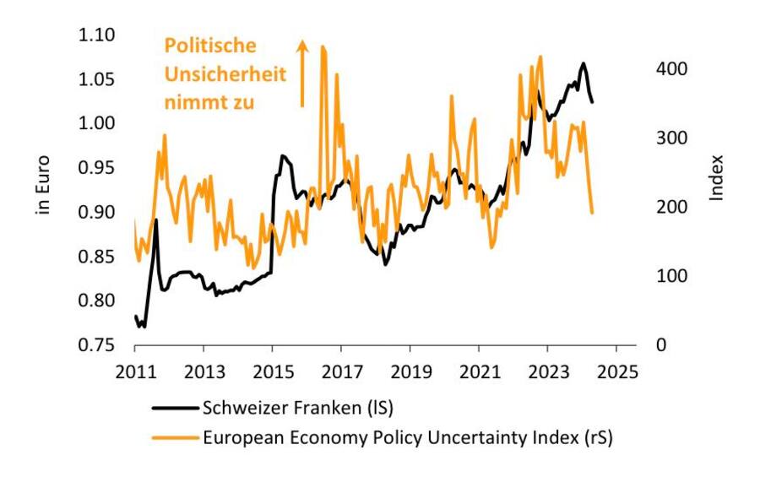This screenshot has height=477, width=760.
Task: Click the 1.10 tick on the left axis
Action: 97,35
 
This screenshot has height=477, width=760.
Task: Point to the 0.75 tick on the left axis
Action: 97,345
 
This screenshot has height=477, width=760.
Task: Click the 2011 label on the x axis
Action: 134,372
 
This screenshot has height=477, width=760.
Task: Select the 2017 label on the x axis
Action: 340,372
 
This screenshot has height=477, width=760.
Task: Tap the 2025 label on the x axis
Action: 616,372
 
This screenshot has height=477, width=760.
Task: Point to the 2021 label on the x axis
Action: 478,372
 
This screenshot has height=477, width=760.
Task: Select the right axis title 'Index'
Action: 717,176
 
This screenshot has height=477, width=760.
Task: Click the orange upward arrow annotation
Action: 302,74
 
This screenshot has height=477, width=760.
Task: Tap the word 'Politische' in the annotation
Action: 209,46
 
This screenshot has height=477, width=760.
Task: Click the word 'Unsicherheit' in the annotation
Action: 225,74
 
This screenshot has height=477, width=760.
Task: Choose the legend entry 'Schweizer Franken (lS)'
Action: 298,408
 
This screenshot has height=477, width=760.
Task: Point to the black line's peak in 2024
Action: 582,63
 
